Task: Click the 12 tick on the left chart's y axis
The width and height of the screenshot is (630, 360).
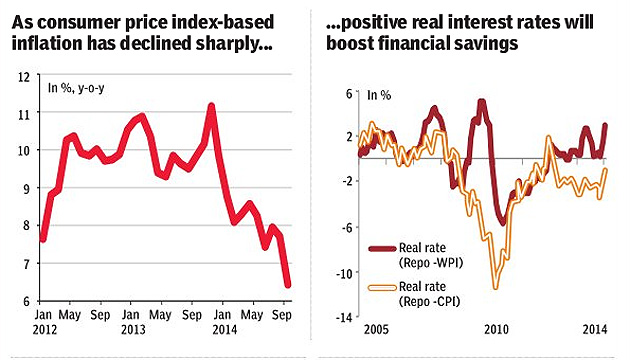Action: [x=24, y=77]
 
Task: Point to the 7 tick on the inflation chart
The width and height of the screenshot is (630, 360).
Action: [x=26, y=264]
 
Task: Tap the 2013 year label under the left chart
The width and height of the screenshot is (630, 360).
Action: [x=133, y=330]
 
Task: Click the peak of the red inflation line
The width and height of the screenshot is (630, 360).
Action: [x=211, y=106]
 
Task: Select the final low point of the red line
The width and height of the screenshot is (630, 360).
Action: [x=288, y=284]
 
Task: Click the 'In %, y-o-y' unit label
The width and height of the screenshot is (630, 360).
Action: [x=76, y=88]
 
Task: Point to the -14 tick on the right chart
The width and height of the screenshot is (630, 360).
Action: [x=344, y=318]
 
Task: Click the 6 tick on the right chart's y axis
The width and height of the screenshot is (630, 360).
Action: [x=349, y=94]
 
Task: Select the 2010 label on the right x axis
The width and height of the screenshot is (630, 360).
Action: [x=496, y=330]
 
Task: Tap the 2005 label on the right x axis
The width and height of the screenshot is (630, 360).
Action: [x=376, y=330]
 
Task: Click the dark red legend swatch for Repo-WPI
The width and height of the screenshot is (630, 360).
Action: [x=382, y=249]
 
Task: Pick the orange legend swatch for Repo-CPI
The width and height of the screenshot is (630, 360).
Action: [x=382, y=288]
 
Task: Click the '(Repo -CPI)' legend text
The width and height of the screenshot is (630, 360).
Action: [x=430, y=302]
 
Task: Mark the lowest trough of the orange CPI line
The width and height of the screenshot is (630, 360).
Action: [x=495, y=286]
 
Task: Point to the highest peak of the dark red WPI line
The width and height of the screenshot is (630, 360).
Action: [x=482, y=102]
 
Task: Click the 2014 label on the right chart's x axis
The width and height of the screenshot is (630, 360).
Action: [x=595, y=330]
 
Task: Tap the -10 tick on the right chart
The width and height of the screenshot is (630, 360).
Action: [x=344, y=274]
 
